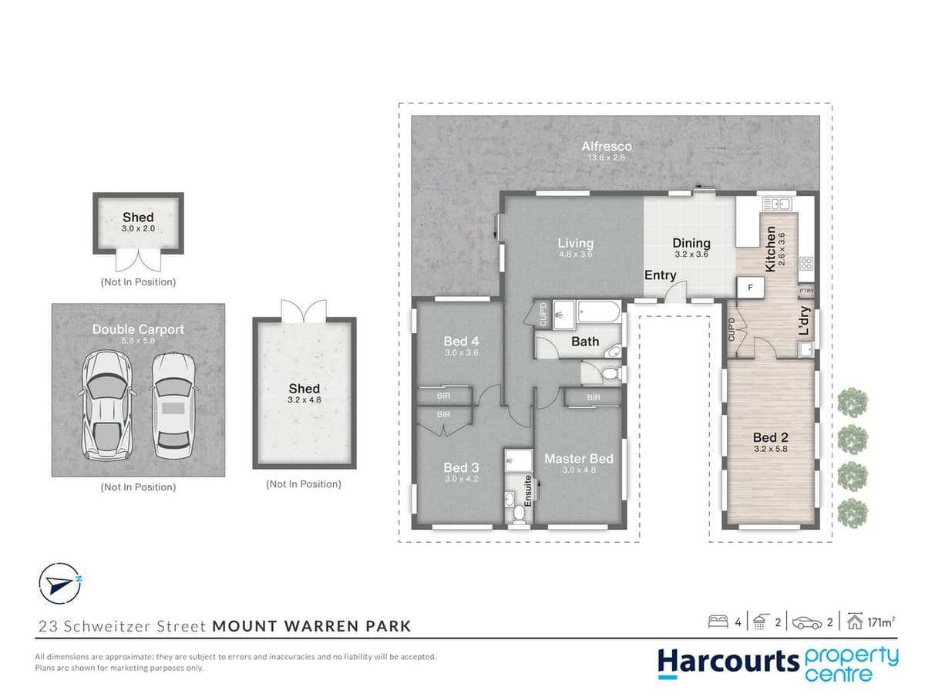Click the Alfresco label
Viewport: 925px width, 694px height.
[x=607, y=147]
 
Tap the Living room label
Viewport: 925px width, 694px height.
[x=576, y=244]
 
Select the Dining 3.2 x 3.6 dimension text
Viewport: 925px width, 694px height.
[x=691, y=254]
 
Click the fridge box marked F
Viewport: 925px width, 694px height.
[x=749, y=287]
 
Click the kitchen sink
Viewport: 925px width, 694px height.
[x=776, y=204]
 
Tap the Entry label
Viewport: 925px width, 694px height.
[x=660, y=275]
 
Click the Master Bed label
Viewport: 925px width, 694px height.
[x=578, y=459]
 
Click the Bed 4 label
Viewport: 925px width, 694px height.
[x=462, y=341]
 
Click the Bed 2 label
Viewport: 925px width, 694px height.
[x=771, y=437]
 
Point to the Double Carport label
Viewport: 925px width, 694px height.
[x=138, y=329]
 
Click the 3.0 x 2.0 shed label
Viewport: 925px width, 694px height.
[x=138, y=229]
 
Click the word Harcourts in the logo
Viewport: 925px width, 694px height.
[x=717, y=662]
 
